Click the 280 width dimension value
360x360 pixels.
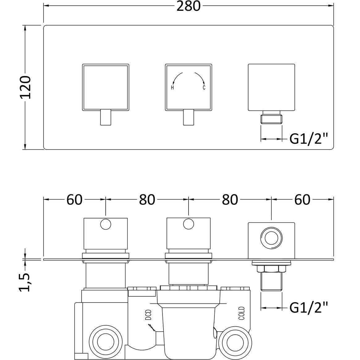point(188,6)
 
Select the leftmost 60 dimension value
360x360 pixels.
point(74,200)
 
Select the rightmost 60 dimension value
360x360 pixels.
point(302,200)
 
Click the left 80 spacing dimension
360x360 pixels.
point(147,200)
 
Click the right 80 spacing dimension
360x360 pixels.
point(230,200)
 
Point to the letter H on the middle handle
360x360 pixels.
point(172,88)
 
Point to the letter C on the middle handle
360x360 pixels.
point(204,88)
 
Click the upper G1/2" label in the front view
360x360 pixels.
point(308,140)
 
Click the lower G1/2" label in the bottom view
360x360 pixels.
point(308,307)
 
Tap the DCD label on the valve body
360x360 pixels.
point(148,315)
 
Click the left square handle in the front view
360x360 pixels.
point(105,87)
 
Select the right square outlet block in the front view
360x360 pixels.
point(271,87)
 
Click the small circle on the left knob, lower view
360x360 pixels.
point(106,224)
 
